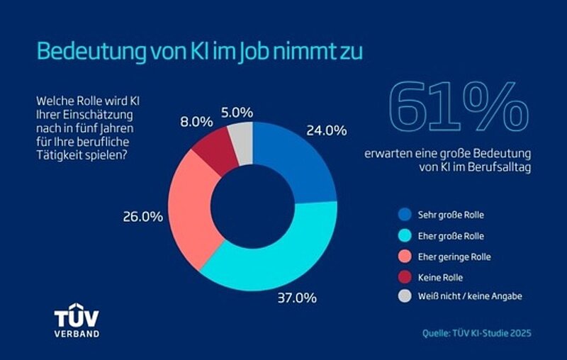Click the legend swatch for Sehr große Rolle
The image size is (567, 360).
click(405, 214)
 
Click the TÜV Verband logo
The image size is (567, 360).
click(77, 322)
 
